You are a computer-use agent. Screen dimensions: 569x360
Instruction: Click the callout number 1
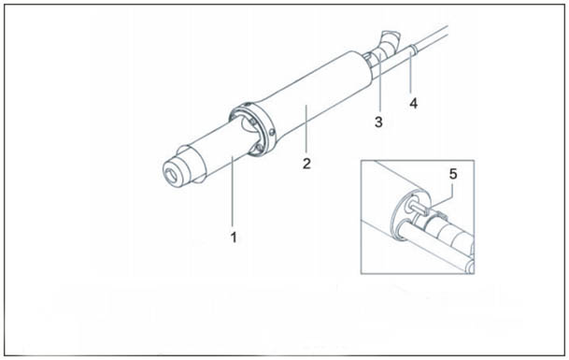pyautogui.click(x=234, y=238)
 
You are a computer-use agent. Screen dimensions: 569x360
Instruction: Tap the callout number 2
pyautogui.click(x=306, y=164)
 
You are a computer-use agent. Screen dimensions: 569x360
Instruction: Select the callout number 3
pyautogui.click(x=378, y=122)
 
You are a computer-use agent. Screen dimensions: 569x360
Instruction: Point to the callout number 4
pyautogui.click(x=414, y=104)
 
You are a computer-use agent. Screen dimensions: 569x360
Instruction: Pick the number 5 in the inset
pyautogui.click(x=453, y=174)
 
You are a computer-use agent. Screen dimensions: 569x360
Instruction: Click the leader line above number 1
pyautogui.click(x=233, y=192)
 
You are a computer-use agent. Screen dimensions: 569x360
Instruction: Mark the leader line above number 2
pyautogui.click(x=306, y=129)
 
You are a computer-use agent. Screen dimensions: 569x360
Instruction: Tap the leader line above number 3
pyautogui.click(x=379, y=83)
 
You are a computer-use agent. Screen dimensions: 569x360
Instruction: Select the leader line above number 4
pyautogui.click(x=411, y=73)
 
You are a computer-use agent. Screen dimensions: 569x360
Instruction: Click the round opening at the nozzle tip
pyautogui.click(x=172, y=175)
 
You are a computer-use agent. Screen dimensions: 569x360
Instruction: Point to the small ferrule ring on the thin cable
pyautogui.click(x=413, y=49)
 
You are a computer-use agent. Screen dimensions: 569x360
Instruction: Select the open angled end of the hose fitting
pyautogui.click(x=391, y=36)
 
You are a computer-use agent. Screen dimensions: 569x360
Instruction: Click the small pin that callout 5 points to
pyautogui.click(x=418, y=209)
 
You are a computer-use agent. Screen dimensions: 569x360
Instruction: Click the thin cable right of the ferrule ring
pyautogui.click(x=433, y=36)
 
